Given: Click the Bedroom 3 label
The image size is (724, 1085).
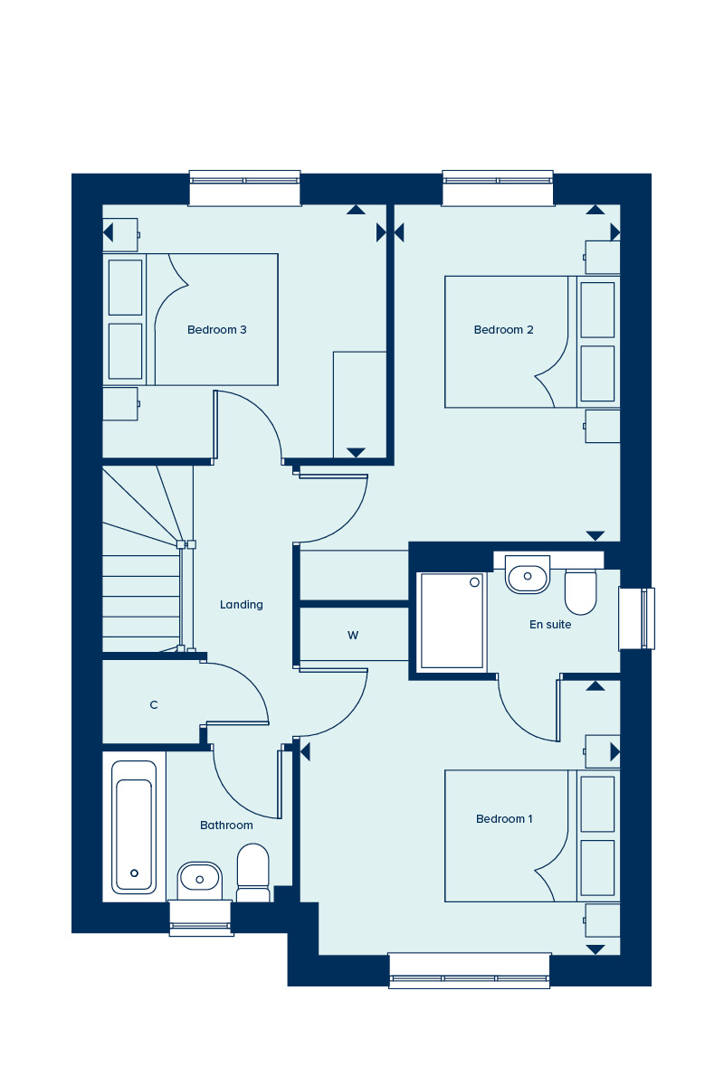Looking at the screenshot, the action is tap(217, 330).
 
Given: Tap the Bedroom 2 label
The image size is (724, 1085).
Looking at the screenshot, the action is tap(503, 330).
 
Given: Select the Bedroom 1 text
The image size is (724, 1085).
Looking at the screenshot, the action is tap(504, 819).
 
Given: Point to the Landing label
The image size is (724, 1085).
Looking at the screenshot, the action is tap(241, 605).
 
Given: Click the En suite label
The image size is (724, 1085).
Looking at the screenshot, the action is tap(550, 625).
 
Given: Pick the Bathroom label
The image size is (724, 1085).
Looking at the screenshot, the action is tap(226, 826).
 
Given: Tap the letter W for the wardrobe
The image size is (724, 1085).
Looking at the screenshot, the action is tap(353, 636).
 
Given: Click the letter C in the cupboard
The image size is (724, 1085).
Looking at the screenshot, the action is tap(154, 705).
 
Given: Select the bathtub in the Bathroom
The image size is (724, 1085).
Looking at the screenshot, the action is tap(134, 827).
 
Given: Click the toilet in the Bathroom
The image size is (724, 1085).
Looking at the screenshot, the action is tap(252, 873).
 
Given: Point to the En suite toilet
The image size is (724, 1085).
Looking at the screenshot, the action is tap(580, 593).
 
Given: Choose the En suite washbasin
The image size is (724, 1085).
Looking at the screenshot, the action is tap(528, 575).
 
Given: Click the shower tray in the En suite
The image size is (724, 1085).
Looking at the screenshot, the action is tap(452, 621).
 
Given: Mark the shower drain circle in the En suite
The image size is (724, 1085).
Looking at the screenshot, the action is tap(475, 582).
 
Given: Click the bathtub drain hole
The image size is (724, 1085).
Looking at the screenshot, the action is tap(134, 873).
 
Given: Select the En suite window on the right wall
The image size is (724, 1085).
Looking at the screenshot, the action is tap(637, 618).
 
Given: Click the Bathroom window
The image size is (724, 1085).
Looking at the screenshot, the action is tap(201, 918).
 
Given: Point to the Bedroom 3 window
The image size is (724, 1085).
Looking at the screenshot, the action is tap(244, 188).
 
